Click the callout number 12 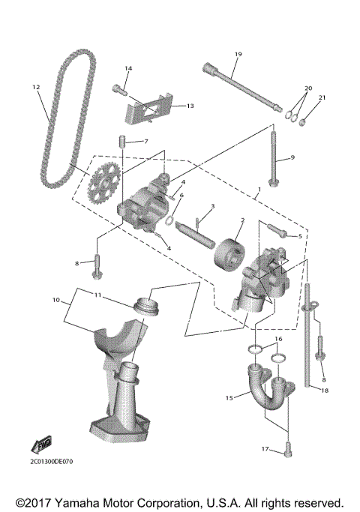(x=35, y=88)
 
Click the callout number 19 (x=238, y=55)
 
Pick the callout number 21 (x=323, y=97)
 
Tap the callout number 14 (x=127, y=69)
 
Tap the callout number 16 (x=277, y=339)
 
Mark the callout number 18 (x=324, y=391)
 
